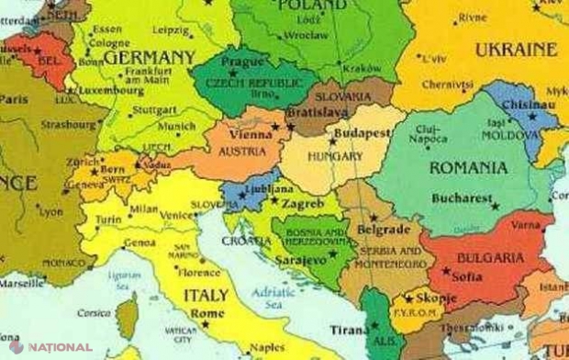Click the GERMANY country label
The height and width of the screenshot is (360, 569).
(149, 57)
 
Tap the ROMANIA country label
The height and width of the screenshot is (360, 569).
(467, 168)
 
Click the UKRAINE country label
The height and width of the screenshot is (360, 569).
(516, 50)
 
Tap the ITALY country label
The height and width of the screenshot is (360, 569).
(206, 296)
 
